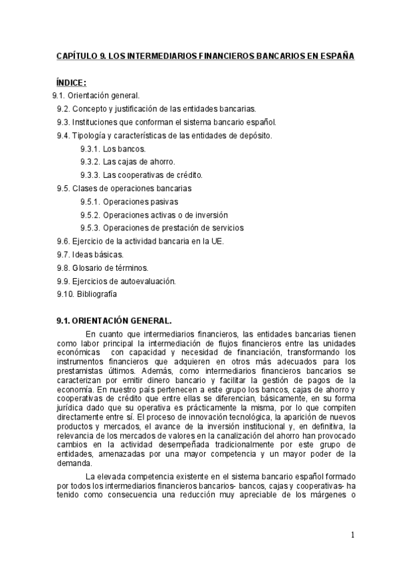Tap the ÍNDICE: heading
pyautogui.click(x=72, y=82)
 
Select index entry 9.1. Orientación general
pyautogui.click(x=96, y=96)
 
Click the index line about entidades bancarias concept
pyautogui.click(x=156, y=109)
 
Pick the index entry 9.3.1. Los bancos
pyautogui.click(x=113, y=149)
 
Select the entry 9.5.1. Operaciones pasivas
pyautogui.click(x=129, y=202)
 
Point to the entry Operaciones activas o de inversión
pyautogui.click(x=154, y=215)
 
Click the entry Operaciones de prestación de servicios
pyautogui.click(x=161, y=228)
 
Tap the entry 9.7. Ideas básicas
pyautogui.click(x=90, y=254)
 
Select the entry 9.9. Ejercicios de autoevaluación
pyautogui.click(x=116, y=281)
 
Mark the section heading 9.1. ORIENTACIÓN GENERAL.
pyautogui.click(x=114, y=319)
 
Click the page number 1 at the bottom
pyautogui.click(x=353, y=536)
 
